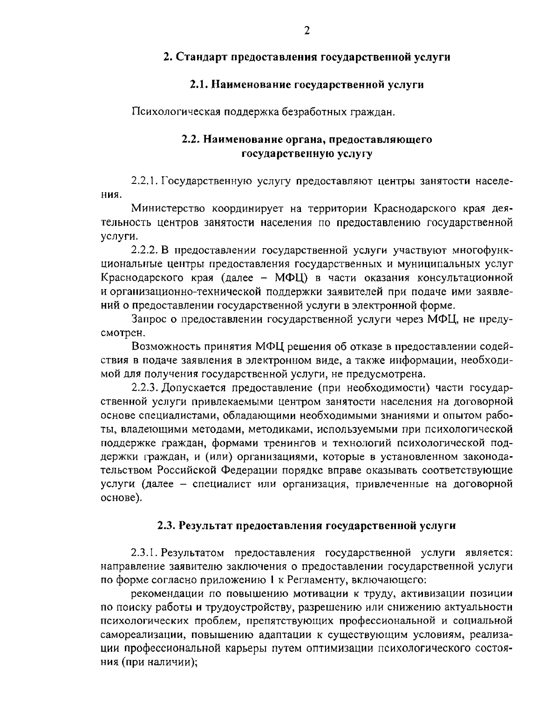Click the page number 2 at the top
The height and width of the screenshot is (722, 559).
[x=307, y=31]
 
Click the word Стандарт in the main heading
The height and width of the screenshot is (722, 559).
[x=199, y=58]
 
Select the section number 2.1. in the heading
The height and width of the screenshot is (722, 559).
[x=199, y=85]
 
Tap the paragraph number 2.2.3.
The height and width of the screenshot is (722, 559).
[x=146, y=387]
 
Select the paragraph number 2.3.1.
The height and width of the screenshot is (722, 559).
[x=146, y=553]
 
